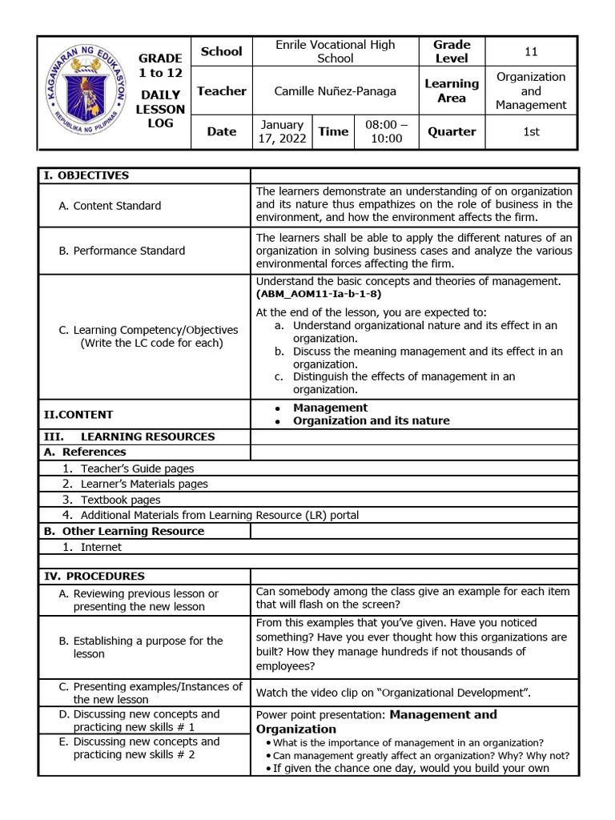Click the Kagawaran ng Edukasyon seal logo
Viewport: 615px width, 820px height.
pyautogui.click(x=86, y=92)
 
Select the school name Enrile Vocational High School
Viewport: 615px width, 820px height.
pyautogui.click(x=335, y=51)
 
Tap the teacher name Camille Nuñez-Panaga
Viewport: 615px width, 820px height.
pyautogui.click(x=335, y=91)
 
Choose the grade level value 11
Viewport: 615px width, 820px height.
pyautogui.click(x=531, y=51)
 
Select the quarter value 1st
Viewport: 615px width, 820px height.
pyautogui.click(x=531, y=132)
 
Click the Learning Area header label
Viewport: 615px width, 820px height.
pyautogui.click(x=452, y=90)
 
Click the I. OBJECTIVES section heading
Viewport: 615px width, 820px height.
pyautogui.click(x=94, y=175)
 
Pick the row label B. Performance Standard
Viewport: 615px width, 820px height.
pyautogui.click(x=122, y=251)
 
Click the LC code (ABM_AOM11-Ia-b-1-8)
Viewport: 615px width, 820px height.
pyautogui.click(x=319, y=294)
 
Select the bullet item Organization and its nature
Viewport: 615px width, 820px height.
pyautogui.click(x=371, y=420)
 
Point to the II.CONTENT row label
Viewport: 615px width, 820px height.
pyautogui.click(x=78, y=414)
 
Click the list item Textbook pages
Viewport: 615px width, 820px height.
pyautogui.click(x=120, y=500)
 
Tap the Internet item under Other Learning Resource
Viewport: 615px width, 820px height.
pyautogui.click(x=101, y=547)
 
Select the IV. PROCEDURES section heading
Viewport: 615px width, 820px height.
pyautogui.click(x=94, y=576)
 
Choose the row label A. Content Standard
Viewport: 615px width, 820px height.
pyautogui.click(x=110, y=206)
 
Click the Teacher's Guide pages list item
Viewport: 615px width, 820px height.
pyautogui.click(x=137, y=468)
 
